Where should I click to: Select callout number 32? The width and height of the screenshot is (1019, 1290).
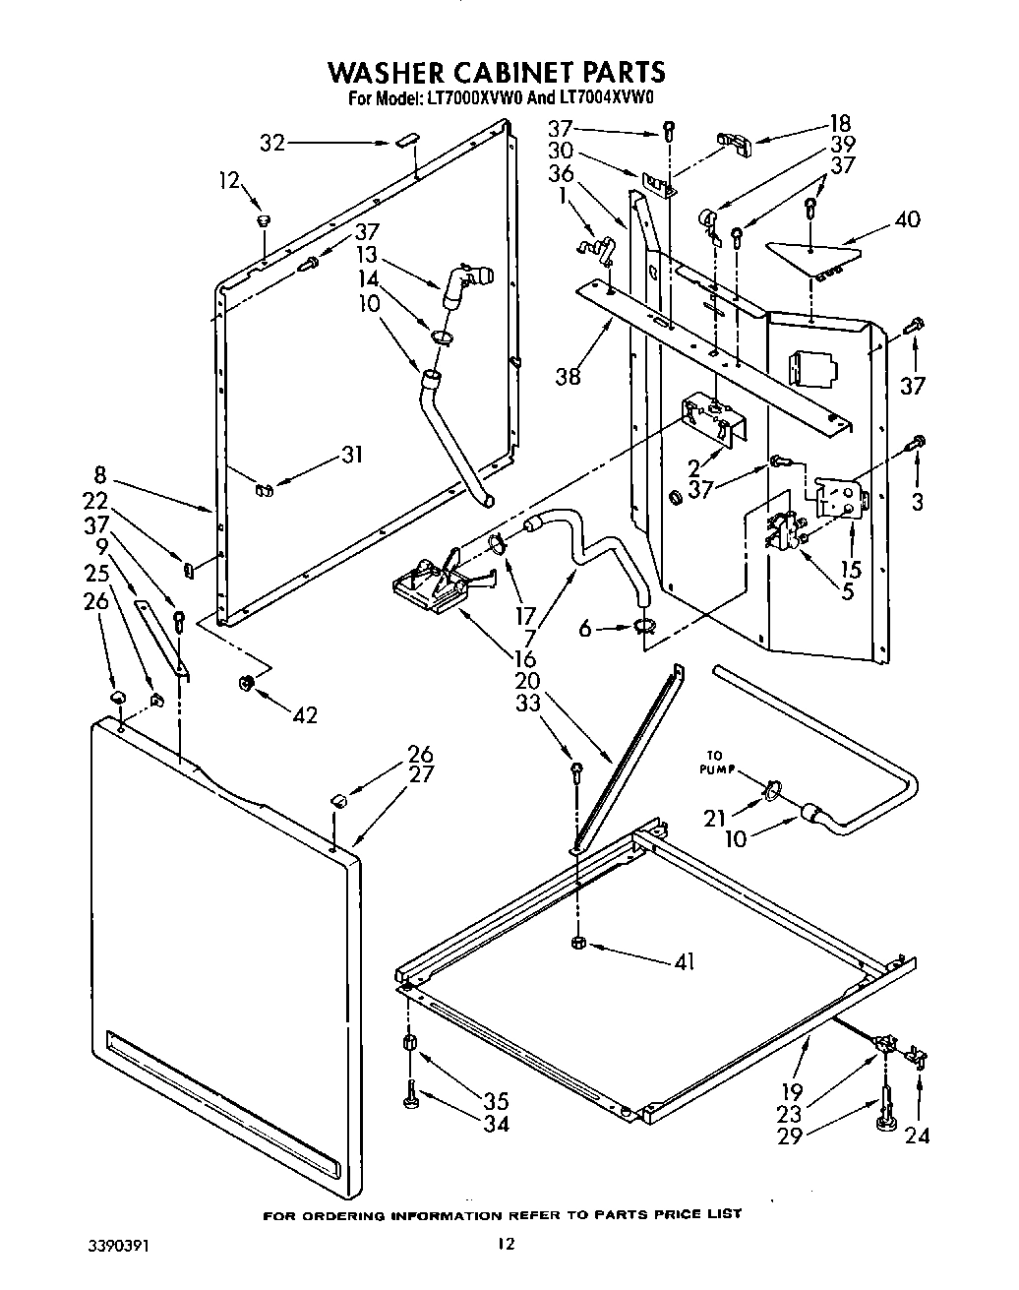(272, 143)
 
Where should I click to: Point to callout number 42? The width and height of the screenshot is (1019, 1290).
(304, 715)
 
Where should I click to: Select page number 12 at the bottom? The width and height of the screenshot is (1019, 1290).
(505, 1245)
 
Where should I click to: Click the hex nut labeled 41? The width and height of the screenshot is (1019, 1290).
(579, 943)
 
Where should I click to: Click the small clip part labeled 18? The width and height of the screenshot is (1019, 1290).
(735, 141)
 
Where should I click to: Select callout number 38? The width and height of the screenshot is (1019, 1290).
(568, 375)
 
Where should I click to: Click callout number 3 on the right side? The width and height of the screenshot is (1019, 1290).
(916, 502)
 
